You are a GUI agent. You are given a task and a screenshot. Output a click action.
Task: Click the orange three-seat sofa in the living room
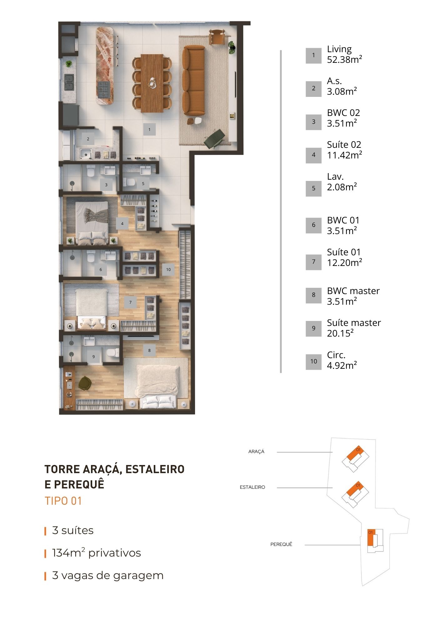tap(193, 81)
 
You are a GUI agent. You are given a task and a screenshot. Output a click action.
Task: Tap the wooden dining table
tap(152, 83)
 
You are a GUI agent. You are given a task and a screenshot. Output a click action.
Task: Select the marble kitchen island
tap(106, 66)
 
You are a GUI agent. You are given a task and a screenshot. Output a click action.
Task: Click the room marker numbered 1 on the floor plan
tap(149, 129)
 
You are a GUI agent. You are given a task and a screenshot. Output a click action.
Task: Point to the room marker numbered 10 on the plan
tap(168, 269)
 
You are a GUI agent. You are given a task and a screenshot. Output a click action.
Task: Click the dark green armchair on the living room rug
tap(214, 138)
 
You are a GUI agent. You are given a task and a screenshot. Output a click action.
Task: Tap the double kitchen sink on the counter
tap(69, 82)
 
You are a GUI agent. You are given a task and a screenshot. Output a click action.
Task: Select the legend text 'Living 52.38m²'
tap(344, 54)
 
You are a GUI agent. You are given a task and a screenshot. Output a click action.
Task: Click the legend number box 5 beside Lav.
tap(314, 188)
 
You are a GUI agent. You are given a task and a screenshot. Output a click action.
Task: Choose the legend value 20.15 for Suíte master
tap(340, 333)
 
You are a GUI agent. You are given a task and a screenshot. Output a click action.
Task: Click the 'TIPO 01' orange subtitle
tap(63, 501)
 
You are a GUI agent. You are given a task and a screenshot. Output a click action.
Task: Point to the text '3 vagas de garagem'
tap(108, 575)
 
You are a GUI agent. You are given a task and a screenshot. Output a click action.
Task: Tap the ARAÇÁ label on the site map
tap(256, 452)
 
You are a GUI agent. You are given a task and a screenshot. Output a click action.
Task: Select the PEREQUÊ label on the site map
tap(281, 544)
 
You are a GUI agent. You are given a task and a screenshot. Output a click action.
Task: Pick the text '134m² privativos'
tap(97, 553)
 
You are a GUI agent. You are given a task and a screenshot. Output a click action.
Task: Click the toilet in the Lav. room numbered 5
tap(129, 182)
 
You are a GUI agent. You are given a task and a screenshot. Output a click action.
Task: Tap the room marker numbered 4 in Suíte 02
tap(122, 223)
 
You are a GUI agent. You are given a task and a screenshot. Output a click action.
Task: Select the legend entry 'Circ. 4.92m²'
tap(342, 360)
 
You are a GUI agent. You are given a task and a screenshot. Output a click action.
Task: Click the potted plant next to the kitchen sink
tap(68, 64)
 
